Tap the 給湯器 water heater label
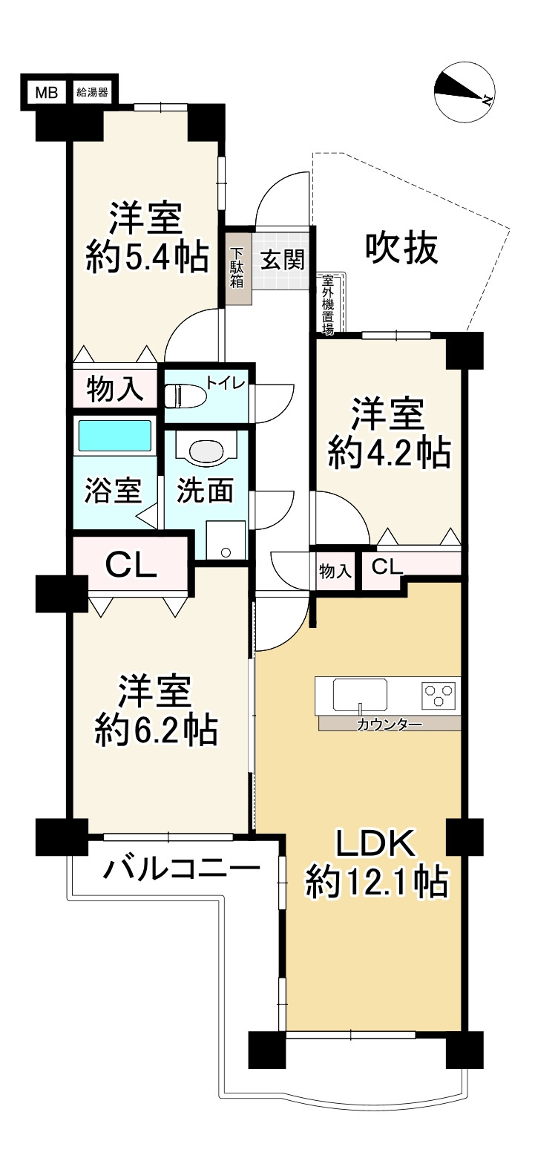(92, 93)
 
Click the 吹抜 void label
(401, 249)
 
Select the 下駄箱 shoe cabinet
(239, 268)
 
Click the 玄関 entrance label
(280, 261)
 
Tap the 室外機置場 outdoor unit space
(327, 304)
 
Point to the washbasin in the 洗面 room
(206, 449)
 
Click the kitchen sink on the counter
(360, 696)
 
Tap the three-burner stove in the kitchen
(438, 696)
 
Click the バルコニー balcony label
(182, 867)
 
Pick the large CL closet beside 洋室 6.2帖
(131, 566)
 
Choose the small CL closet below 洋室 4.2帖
(387, 568)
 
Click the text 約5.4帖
(146, 258)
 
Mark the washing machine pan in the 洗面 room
(226, 539)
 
